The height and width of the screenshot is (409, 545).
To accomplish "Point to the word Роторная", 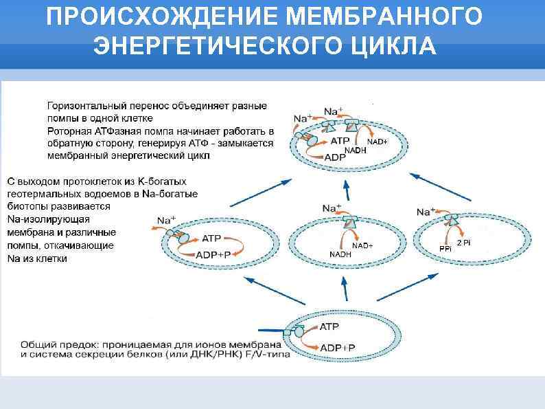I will (69, 131).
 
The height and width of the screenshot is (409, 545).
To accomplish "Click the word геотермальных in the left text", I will (42, 195).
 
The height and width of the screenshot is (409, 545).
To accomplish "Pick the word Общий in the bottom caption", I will (36, 344).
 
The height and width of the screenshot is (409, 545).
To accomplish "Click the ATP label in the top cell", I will (340, 141).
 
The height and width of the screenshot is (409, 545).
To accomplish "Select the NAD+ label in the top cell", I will (378, 142).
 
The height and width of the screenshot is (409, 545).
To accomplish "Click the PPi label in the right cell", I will (445, 248).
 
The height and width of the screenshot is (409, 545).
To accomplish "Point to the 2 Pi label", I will (465, 243).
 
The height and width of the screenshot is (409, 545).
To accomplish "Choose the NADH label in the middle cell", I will (340, 254).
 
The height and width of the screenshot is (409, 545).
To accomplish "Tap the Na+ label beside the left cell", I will (166, 221).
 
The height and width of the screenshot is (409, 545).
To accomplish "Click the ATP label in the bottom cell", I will (329, 327).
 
